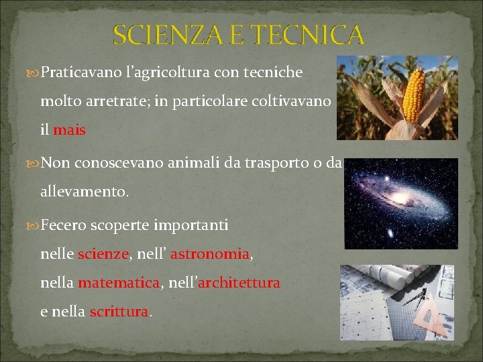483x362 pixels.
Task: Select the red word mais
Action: tap(69, 130)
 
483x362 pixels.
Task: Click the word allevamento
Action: tap(84, 192)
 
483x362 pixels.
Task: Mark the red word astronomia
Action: tap(210, 254)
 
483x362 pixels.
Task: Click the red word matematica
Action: tap(119, 283)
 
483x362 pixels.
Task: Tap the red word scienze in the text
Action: tap(103, 254)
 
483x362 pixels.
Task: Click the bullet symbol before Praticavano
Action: tap(34, 72)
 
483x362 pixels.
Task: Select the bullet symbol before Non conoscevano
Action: tap(34, 164)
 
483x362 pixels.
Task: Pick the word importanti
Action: tap(191, 225)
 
